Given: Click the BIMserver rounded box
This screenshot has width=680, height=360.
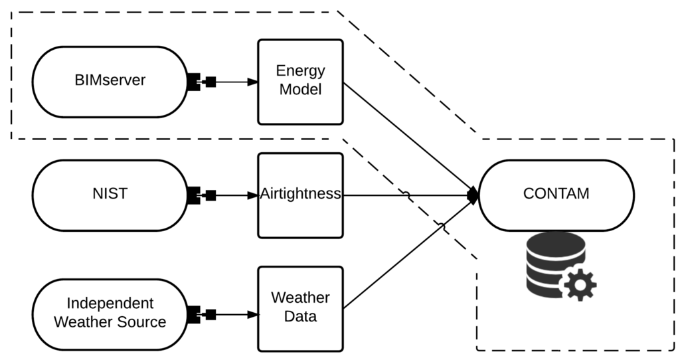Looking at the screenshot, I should (110, 82).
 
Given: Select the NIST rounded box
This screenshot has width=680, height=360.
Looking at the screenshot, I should (110, 195).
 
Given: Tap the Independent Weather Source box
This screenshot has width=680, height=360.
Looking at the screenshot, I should (110, 314).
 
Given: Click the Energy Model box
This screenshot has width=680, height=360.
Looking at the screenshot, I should (300, 82).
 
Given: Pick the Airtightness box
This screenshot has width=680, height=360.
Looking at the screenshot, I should (300, 195).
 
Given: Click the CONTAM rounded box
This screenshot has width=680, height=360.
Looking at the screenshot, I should (556, 195).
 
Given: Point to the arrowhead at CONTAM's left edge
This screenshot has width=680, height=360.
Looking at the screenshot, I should (473, 195).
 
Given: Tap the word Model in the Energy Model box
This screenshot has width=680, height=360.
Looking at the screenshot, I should (300, 90).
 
